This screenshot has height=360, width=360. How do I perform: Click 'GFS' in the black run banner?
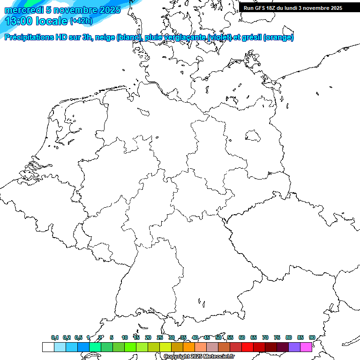pos(261,8)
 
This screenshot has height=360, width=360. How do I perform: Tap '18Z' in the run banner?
pos(273,8)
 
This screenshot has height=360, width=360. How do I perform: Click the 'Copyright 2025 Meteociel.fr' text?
pos(199,357)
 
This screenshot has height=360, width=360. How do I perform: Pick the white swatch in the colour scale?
pos(48,347)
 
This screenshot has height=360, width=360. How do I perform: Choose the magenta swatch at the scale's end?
pos(306,347)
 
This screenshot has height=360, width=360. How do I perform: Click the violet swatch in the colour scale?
pos(294,347)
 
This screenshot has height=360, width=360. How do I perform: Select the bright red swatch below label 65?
pos(259,347)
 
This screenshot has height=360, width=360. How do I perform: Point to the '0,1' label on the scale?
pos(55,338)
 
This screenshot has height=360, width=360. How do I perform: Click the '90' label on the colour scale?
pos(312,338)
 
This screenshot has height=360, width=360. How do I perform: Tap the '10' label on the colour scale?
pos(124,338)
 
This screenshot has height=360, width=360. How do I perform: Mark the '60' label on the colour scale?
pos(242,338)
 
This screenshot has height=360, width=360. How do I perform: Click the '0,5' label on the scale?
pos(78,338)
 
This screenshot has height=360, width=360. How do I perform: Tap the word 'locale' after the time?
pos(52,21)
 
